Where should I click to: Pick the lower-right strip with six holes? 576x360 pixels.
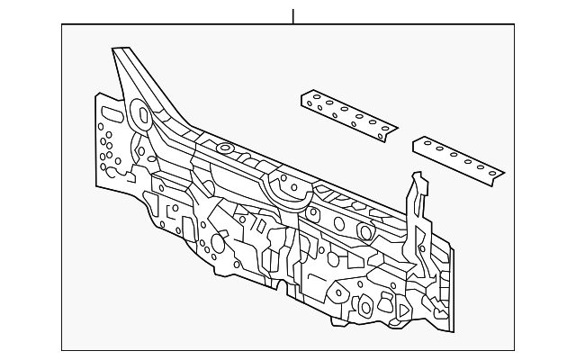(x=458, y=158)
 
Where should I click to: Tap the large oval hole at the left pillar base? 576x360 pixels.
(x=141, y=114)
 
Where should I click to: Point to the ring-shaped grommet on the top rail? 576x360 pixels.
(x=223, y=148)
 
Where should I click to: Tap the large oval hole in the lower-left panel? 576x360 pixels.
(x=218, y=244)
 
